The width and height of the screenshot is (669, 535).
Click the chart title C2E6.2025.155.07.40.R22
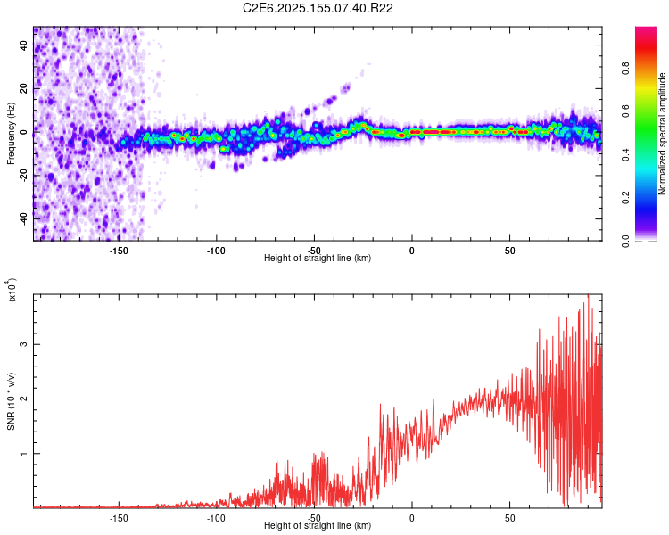click(x=318, y=8)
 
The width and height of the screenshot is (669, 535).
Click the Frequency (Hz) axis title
click(x=11, y=134)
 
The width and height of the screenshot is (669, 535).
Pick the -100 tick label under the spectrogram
click(x=216, y=250)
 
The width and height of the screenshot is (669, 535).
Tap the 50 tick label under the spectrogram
click(x=509, y=250)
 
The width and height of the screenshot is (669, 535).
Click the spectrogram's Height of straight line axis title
click(x=318, y=259)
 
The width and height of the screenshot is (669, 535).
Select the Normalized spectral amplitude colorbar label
click(x=663, y=135)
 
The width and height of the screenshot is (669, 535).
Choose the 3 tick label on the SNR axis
click(x=25, y=344)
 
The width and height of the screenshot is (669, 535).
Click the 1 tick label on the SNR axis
click(x=25, y=454)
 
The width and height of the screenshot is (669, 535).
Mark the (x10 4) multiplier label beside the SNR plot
click(x=12, y=290)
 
